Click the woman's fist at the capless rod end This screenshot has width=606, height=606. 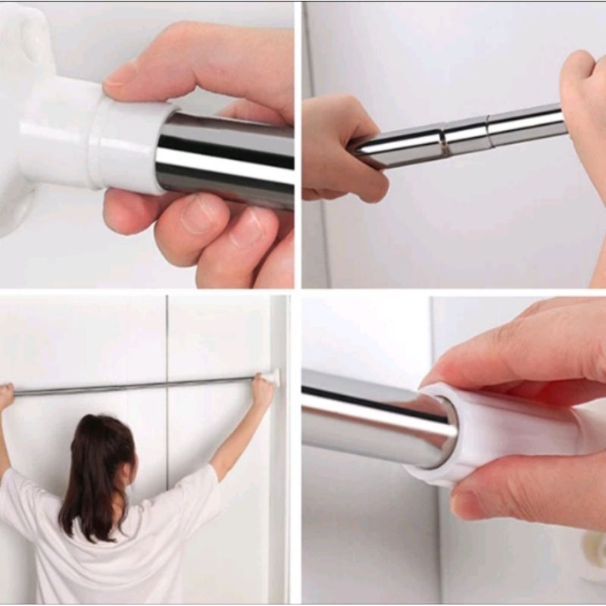[6, 394]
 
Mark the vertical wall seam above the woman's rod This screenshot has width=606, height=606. [166, 333]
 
